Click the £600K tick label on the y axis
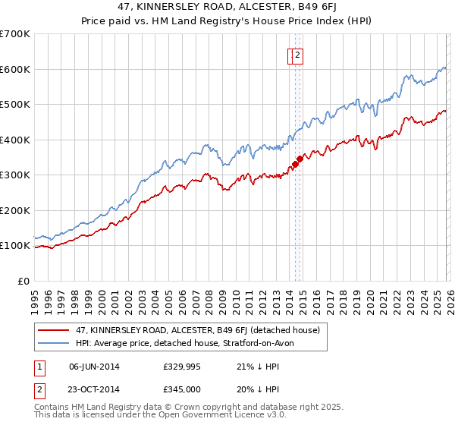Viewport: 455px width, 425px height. point(15,69)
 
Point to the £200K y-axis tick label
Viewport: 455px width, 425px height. point(15,210)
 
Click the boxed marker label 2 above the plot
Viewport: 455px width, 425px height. point(298,55)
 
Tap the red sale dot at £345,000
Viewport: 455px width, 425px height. point(300,159)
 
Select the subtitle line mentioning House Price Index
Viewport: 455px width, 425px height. point(227,22)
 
